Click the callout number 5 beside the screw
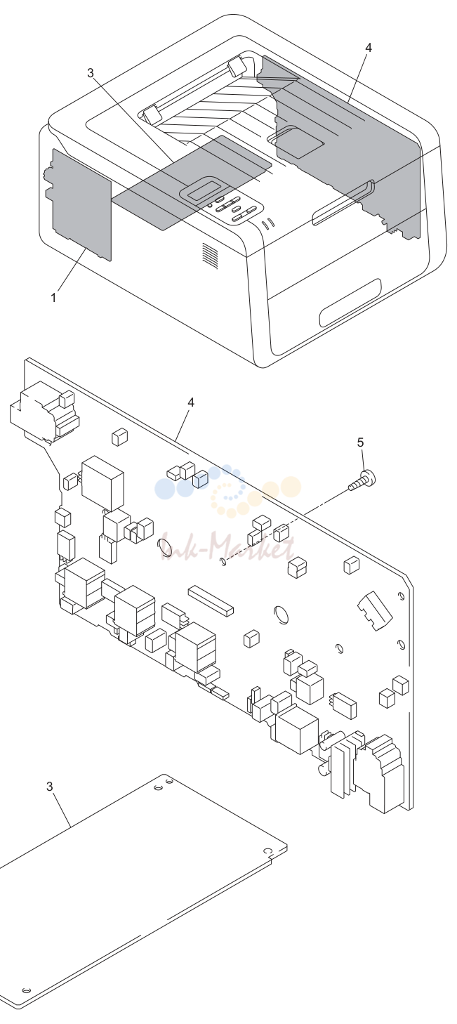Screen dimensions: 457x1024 (361, 442)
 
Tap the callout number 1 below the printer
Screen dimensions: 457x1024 (53, 298)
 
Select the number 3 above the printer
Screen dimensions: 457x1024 (91, 72)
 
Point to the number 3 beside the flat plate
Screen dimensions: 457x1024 (50, 787)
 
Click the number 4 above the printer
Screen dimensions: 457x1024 (369, 48)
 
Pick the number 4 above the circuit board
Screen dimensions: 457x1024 (191, 402)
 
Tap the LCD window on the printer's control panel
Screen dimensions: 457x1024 (204, 189)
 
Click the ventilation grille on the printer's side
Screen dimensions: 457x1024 (211, 256)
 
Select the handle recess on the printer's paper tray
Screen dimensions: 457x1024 (350, 303)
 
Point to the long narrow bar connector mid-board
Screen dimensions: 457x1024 (211, 600)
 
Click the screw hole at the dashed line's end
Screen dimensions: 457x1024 (222, 561)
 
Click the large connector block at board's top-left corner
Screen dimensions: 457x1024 (44, 412)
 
